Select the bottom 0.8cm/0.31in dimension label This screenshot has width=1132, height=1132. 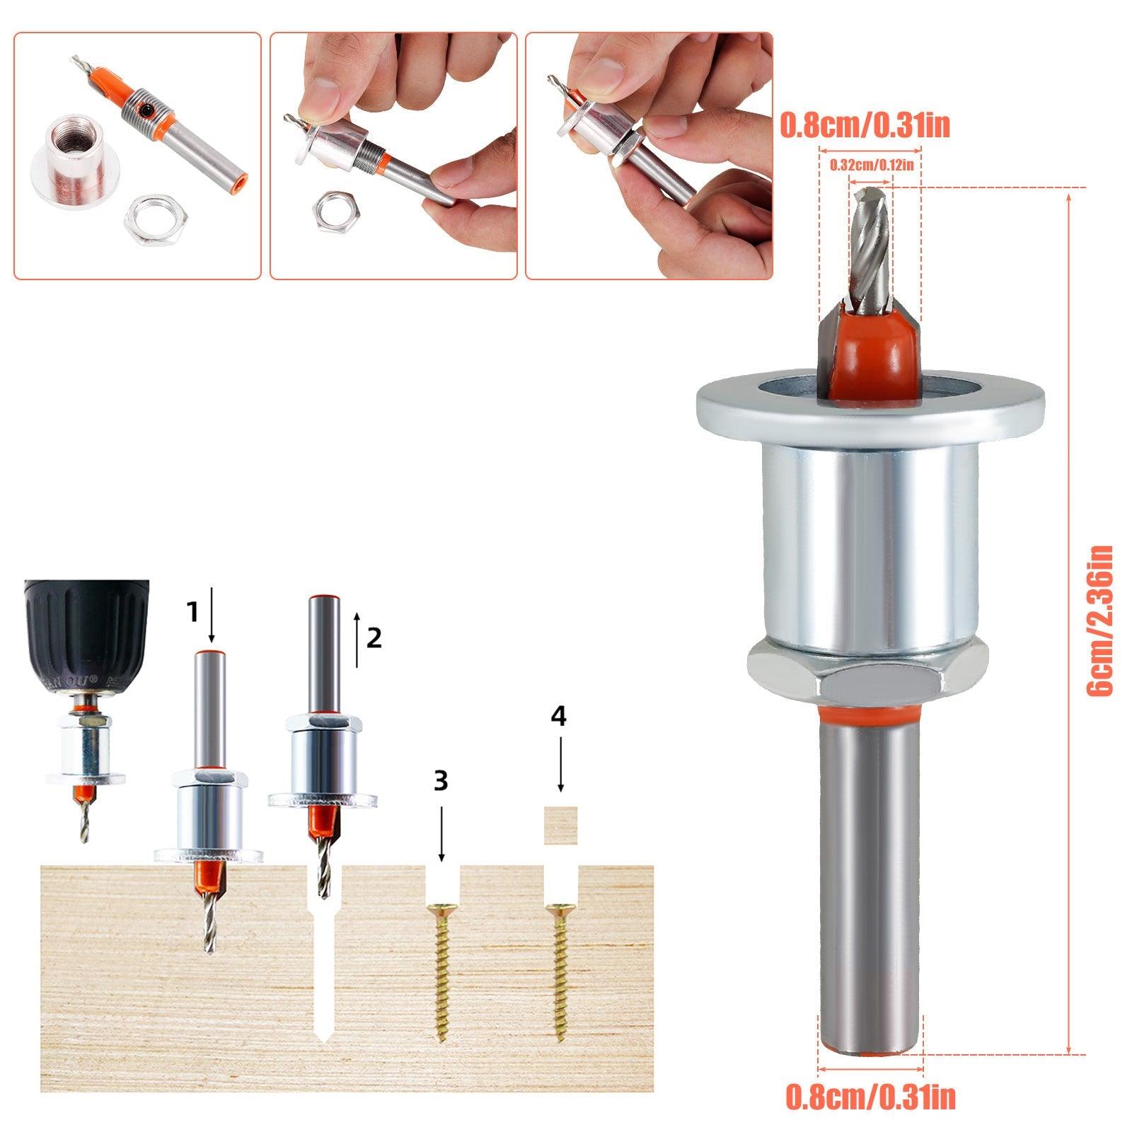coord(870,1097)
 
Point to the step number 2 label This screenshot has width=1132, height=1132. coord(374,638)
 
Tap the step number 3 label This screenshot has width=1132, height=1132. coord(441,780)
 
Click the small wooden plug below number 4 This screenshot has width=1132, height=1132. coord(560,824)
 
